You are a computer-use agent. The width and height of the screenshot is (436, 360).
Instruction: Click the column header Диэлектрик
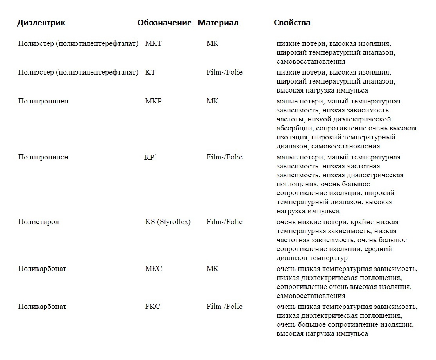coord(41,23)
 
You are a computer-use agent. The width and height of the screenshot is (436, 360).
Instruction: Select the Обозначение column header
coord(164,23)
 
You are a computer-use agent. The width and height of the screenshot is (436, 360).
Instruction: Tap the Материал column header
coord(218,23)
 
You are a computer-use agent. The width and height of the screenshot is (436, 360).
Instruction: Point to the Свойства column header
coord(292,23)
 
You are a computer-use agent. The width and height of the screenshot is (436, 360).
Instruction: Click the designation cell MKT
coord(153,43)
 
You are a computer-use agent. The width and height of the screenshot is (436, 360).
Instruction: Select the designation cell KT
coord(150,72)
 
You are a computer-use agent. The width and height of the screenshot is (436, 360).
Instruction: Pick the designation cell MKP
coord(153,101)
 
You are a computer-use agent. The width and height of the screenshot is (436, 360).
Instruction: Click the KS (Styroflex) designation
coord(168,222)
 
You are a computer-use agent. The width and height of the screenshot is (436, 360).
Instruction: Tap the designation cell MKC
coord(153,269)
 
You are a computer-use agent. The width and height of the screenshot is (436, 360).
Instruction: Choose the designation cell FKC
coord(152,307)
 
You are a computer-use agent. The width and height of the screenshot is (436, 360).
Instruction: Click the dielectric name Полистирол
coord(39,222)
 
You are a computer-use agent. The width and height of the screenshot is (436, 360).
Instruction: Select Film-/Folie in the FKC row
coord(224,307)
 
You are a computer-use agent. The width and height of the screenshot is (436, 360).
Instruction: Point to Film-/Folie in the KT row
coord(224,72)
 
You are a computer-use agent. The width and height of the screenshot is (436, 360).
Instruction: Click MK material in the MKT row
coord(213,43)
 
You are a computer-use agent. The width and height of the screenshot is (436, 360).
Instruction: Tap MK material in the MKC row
coord(213,269)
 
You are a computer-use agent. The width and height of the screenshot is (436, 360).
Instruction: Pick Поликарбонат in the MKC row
coord(42,269)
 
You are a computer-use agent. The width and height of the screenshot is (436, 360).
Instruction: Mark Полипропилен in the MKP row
coord(43,101)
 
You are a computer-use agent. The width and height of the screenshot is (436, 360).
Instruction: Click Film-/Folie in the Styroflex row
coord(224,222)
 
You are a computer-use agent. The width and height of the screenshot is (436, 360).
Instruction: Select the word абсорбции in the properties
coord(295,128)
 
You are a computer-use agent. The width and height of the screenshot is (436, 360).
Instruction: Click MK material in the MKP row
coord(213,101)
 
